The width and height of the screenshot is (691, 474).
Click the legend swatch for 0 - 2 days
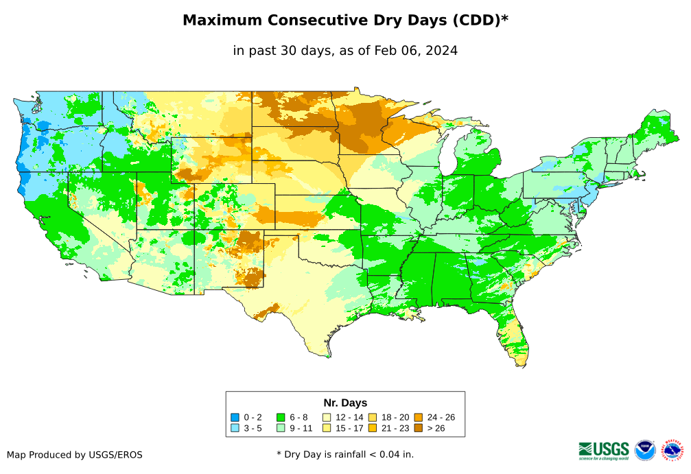(235, 417)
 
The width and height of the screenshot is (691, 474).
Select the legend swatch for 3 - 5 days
(235, 428)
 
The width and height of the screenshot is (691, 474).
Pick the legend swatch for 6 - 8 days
(281, 417)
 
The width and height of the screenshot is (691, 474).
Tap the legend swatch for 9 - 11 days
(281, 428)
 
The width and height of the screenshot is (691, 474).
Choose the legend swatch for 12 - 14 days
(327, 417)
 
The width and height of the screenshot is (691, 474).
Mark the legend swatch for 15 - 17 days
(327, 428)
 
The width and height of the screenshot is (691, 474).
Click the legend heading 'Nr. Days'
(345, 403)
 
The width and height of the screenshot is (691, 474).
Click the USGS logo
(604, 450)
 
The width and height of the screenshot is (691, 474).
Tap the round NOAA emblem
(645, 450)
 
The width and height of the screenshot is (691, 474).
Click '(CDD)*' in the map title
(479, 21)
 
